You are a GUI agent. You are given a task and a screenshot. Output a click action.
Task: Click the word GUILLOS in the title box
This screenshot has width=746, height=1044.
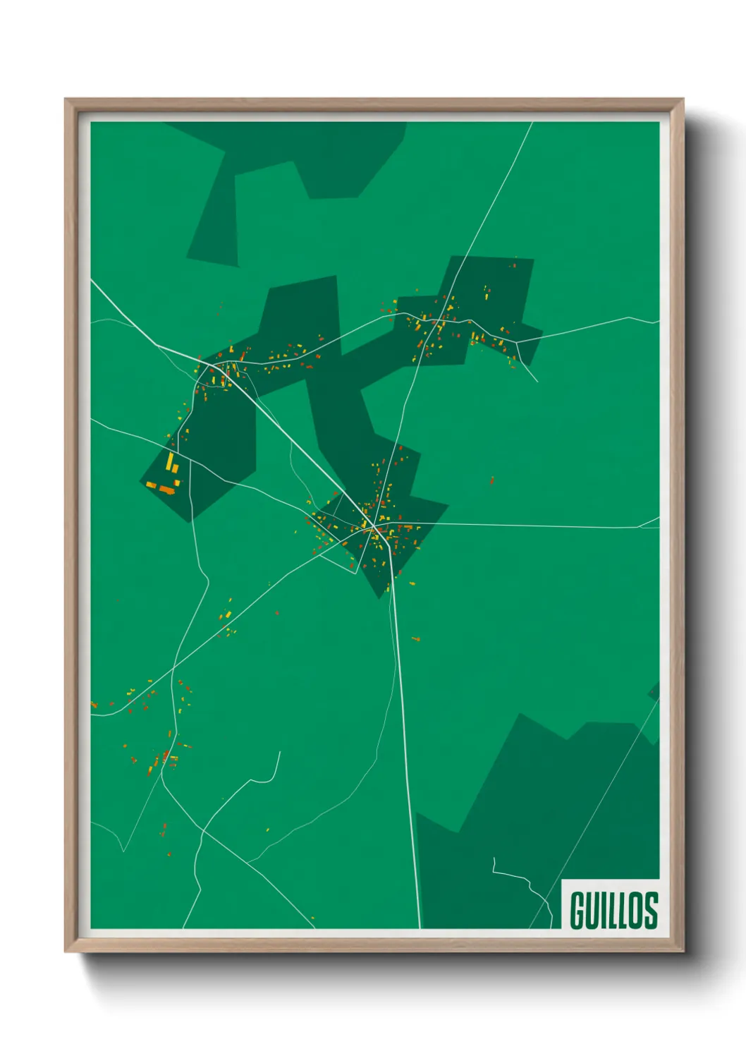point(613,909)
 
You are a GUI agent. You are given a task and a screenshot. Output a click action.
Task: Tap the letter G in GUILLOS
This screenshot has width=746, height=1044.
point(577,910)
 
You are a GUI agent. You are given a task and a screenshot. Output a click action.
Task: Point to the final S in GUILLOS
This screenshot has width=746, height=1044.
point(650,909)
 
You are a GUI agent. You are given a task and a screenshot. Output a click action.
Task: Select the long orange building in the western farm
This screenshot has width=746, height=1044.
point(166,489)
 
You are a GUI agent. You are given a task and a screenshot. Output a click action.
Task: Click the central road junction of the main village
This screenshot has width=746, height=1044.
point(372,527)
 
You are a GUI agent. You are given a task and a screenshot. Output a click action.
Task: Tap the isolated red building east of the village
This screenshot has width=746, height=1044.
point(491,480)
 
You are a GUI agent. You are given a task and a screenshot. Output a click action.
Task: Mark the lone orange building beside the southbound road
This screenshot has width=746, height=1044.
point(415,639)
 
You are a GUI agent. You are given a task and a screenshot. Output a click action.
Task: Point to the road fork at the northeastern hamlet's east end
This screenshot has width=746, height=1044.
point(518,343)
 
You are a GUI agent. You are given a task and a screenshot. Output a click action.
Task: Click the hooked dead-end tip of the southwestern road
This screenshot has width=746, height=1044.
point(279,753)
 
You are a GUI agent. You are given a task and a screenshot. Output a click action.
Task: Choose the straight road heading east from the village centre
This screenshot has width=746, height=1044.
point(536,526)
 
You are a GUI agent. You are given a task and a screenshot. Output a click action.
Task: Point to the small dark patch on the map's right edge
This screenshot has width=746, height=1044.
point(654,691)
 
